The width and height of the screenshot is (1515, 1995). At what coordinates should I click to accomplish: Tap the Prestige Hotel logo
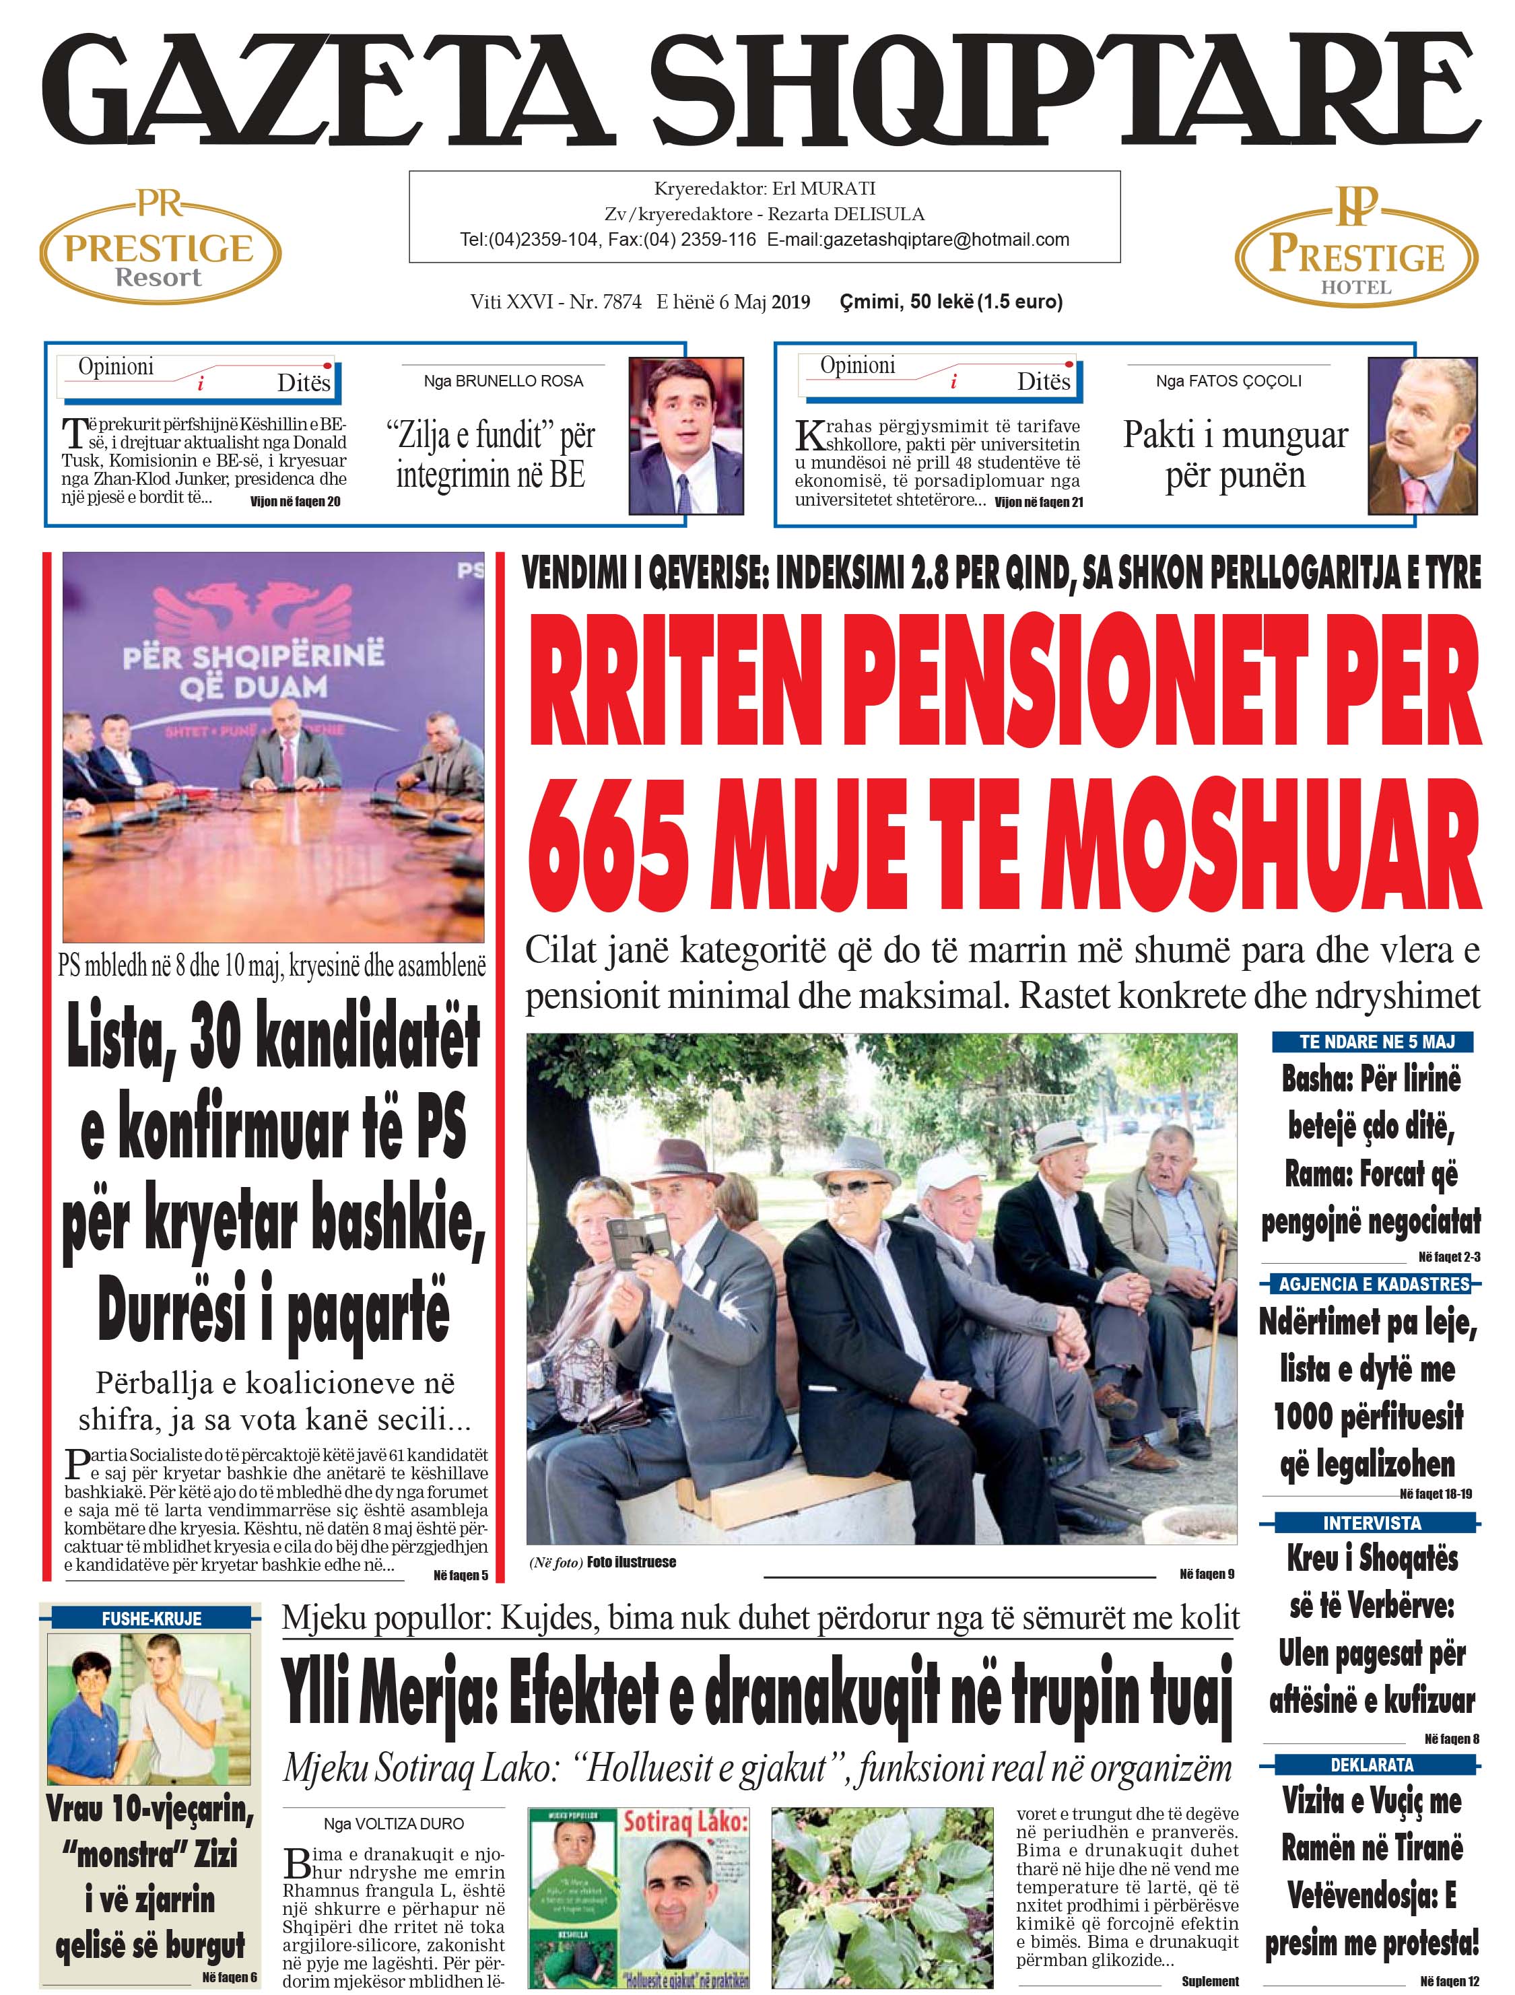pyautogui.click(x=1355, y=249)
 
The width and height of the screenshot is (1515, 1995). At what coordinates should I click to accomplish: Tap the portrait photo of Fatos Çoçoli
pyautogui.click(x=1422, y=436)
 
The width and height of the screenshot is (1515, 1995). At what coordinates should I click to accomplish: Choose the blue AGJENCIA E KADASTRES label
pyautogui.click(x=1374, y=1283)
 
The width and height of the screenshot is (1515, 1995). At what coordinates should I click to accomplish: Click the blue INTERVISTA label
pyautogui.click(x=1372, y=1522)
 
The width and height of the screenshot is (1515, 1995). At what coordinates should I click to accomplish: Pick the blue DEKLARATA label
pyautogui.click(x=1372, y=1765)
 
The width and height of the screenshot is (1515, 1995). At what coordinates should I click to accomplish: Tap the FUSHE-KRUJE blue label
pyautogui.click(x=151, y=1619)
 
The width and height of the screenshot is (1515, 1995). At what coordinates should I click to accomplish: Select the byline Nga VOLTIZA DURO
pyautogui.click(x=393, y=1823)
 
